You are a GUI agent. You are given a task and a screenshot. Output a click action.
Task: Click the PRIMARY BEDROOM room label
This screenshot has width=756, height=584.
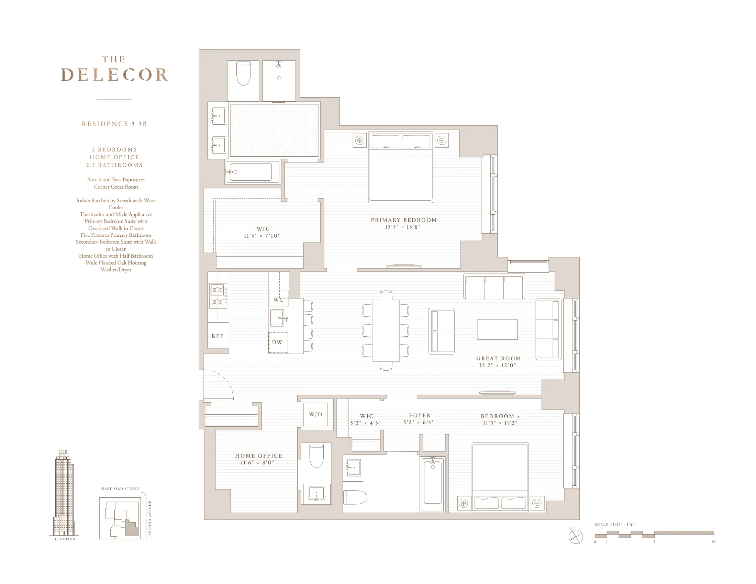click(x=404, y=220)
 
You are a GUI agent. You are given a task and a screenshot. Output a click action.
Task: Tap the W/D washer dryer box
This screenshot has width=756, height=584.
click(x=315, y=415)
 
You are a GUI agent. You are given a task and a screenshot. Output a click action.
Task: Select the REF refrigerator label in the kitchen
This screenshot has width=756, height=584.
click(x=218, y=336)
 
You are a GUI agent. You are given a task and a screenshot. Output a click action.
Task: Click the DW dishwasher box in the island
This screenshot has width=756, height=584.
click(x=278, y=342)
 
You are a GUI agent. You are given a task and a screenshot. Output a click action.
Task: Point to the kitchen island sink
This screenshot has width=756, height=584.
click(x=278, y=318)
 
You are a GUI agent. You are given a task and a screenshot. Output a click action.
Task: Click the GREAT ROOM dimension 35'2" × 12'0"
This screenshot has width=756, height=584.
click(x=498, y=366)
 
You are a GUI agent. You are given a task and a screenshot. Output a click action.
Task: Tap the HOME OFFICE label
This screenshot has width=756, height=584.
click(x=258, y=456)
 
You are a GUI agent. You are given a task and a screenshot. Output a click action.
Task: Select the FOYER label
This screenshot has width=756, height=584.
click(x=420, y=416)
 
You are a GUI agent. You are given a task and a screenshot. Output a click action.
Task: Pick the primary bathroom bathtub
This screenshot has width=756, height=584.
click(x=252, y=172)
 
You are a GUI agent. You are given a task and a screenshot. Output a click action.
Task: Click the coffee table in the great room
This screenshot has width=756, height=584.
click(x=497, y=329)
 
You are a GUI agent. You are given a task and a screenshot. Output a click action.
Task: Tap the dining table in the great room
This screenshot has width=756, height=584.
click(x=386, y=330)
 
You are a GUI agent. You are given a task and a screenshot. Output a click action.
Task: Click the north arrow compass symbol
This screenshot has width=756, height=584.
click(x=576, y=537)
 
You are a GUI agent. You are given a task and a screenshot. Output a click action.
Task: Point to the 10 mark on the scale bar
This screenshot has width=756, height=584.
click(x=713, y=542)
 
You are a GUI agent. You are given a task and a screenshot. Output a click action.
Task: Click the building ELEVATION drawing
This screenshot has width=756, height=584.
click(x=64, y=493)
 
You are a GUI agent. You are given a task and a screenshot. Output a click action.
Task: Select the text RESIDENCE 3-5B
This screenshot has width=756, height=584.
click(x=114, y=124)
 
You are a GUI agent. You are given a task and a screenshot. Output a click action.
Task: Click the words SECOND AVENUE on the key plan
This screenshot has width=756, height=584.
click(x=150, y=518)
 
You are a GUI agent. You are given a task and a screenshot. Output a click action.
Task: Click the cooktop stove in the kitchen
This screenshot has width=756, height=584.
click(x=218, y=296)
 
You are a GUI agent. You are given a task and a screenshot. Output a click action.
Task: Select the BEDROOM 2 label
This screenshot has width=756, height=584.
click(x=500, y=416)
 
